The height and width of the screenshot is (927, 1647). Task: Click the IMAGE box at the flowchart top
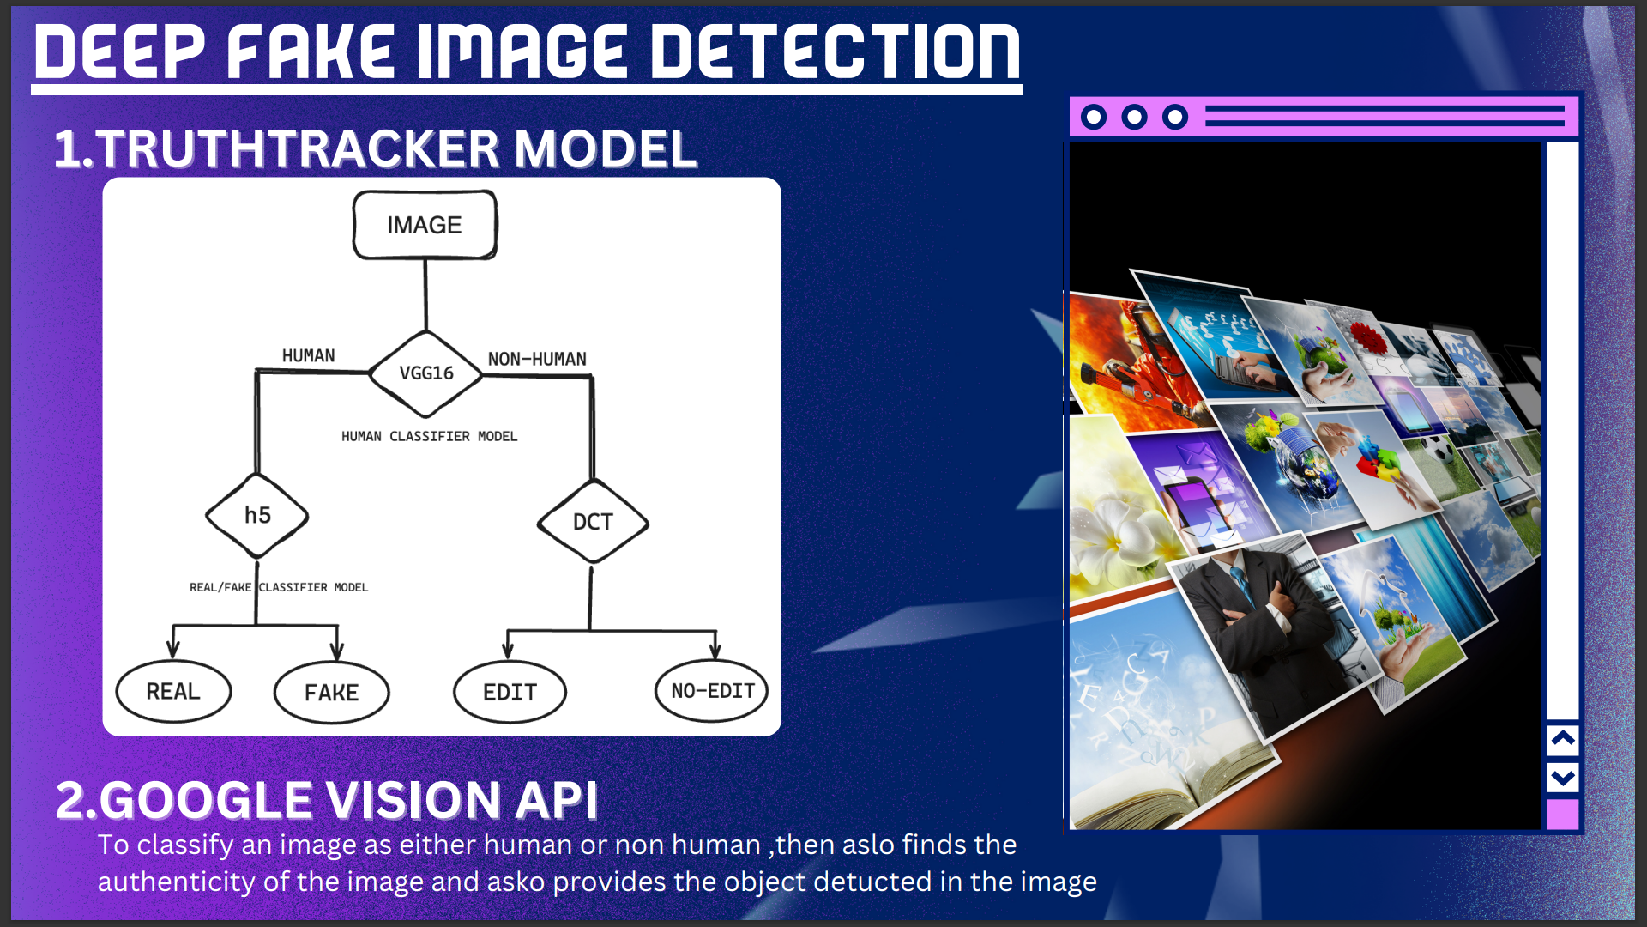(425, 225)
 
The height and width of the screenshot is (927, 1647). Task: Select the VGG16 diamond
(425, 373)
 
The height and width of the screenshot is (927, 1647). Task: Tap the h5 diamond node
(257, 515)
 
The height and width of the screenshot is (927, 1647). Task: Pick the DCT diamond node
(593, 521)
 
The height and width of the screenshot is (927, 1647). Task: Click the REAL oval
(173, 691)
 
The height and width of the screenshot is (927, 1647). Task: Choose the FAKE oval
(332, 693)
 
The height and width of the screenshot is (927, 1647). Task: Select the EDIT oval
(510, 692)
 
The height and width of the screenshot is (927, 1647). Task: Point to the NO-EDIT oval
(712, 691)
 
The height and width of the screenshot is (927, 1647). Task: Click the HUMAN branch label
(309, 355)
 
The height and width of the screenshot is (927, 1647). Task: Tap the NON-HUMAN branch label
(537, 359)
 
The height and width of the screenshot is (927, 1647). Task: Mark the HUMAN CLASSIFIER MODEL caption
(430, 436)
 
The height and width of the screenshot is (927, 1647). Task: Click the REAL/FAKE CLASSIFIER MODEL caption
(279, 587)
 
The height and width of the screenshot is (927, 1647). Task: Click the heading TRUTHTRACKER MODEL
(396, 148)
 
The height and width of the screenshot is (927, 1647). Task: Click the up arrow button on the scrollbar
(1563, 739)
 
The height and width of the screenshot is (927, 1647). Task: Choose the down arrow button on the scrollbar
(1563, 779)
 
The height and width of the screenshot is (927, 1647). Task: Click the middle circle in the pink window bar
(1134, 117)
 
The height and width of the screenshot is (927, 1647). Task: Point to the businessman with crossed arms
(1261, 627)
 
